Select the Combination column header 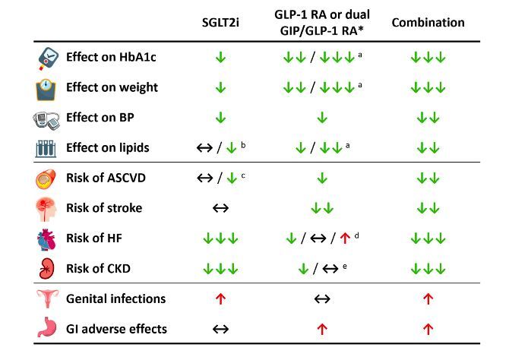[x=428, y=23]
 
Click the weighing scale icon [x=47, y=88]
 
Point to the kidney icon [x=47, y=269]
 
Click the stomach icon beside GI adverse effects [x=47, y=330]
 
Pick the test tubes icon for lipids [x=47, y=148]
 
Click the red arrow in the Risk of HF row [x=343, y=238]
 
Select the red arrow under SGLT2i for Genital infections [x=220, y=299]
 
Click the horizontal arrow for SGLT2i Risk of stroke [x=220, y=208]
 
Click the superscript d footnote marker [x=356, y=234]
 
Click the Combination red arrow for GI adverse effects [x=428, y=330]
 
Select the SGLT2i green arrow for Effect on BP [x=220, y=118]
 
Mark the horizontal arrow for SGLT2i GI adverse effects [x=220, y=330]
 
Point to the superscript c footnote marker [x=242, y=173]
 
